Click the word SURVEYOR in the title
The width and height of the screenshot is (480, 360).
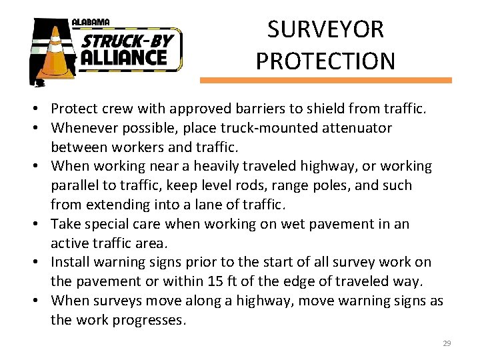pyautogui.click(x=325, y=30)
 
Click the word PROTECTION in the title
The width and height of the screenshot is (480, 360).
pyautogui.click(x=325, y=61)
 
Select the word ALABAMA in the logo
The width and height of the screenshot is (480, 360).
pyautogui.click(x=92, y=23)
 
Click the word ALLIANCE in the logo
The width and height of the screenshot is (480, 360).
pyautogui.click(x=124, y=57)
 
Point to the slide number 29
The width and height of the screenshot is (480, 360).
pyautogui.click(x=447, y=343)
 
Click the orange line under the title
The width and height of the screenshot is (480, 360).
pyautogui.click(x=325, y=80)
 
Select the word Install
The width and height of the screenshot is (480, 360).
pyautogui.click(x=71, y=262)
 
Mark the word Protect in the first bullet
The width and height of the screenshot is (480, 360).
pyautogui.click(x=73, y=108)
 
